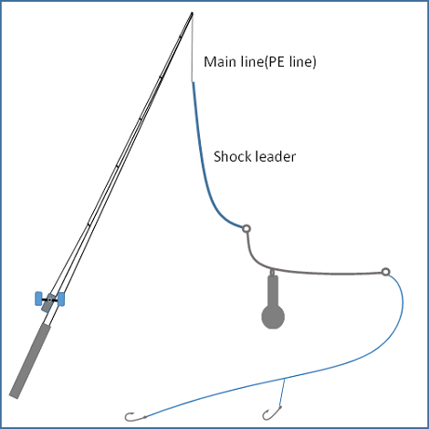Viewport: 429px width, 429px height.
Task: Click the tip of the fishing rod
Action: coord(192,13)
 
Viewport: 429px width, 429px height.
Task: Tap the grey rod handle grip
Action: coord(30,361)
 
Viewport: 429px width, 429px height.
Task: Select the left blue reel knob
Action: coord(38,298)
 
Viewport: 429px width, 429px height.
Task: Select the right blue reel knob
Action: coord(61,299)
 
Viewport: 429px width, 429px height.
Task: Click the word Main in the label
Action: coord(220,62)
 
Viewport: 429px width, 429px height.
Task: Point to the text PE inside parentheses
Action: coord(277,62)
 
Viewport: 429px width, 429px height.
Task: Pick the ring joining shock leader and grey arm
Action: coord(246,228)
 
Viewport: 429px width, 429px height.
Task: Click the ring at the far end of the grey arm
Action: coord(385,271)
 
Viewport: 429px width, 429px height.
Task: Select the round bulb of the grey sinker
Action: coord(273,317)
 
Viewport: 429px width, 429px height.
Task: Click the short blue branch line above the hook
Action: coord(282,392)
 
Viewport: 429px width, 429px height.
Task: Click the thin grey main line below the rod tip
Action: coord(192,47)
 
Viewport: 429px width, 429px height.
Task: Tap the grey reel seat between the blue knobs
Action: coord(48,302)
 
